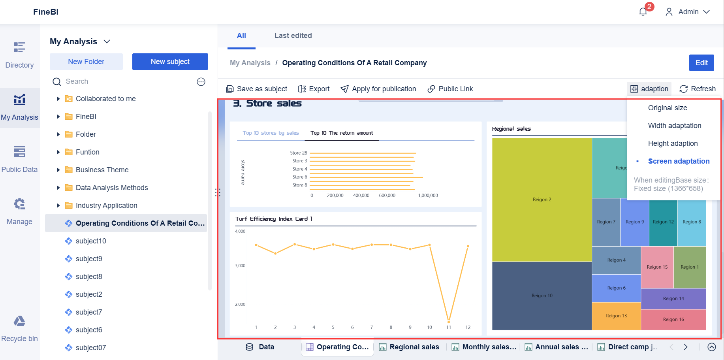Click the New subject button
pyautogui.click(x=170, y=62)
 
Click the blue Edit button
pyautogui.click(x=701, y=63)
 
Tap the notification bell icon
pyautogui.click(x=643, y=12)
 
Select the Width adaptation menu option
pyautogui.click(x=674, y=126)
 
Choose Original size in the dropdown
pyautogui.click(x=667, y=108)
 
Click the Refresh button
pyautogui.click(x=698, y=89)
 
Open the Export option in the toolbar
pyautogui.click(x=314, y=89)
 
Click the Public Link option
pyautogui.click(x=450, y=89)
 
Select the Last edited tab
pyautogui.click(x=293, y=36)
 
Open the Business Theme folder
pyautogui.click(x=102, y=170)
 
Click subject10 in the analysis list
pyautogui.click(x=91, y=241)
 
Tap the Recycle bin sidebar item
pyautogui.click(x=19, y=328)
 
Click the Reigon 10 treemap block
pyautogui.click(x=542, y=296)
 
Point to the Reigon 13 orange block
pyautogui.click(x=616, y=316)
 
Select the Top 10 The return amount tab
pyautogui.click(x=342, y=133)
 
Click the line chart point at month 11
pyautogui.click(x=449, y=322)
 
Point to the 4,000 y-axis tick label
pyautogui.click(x=240, y=231)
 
